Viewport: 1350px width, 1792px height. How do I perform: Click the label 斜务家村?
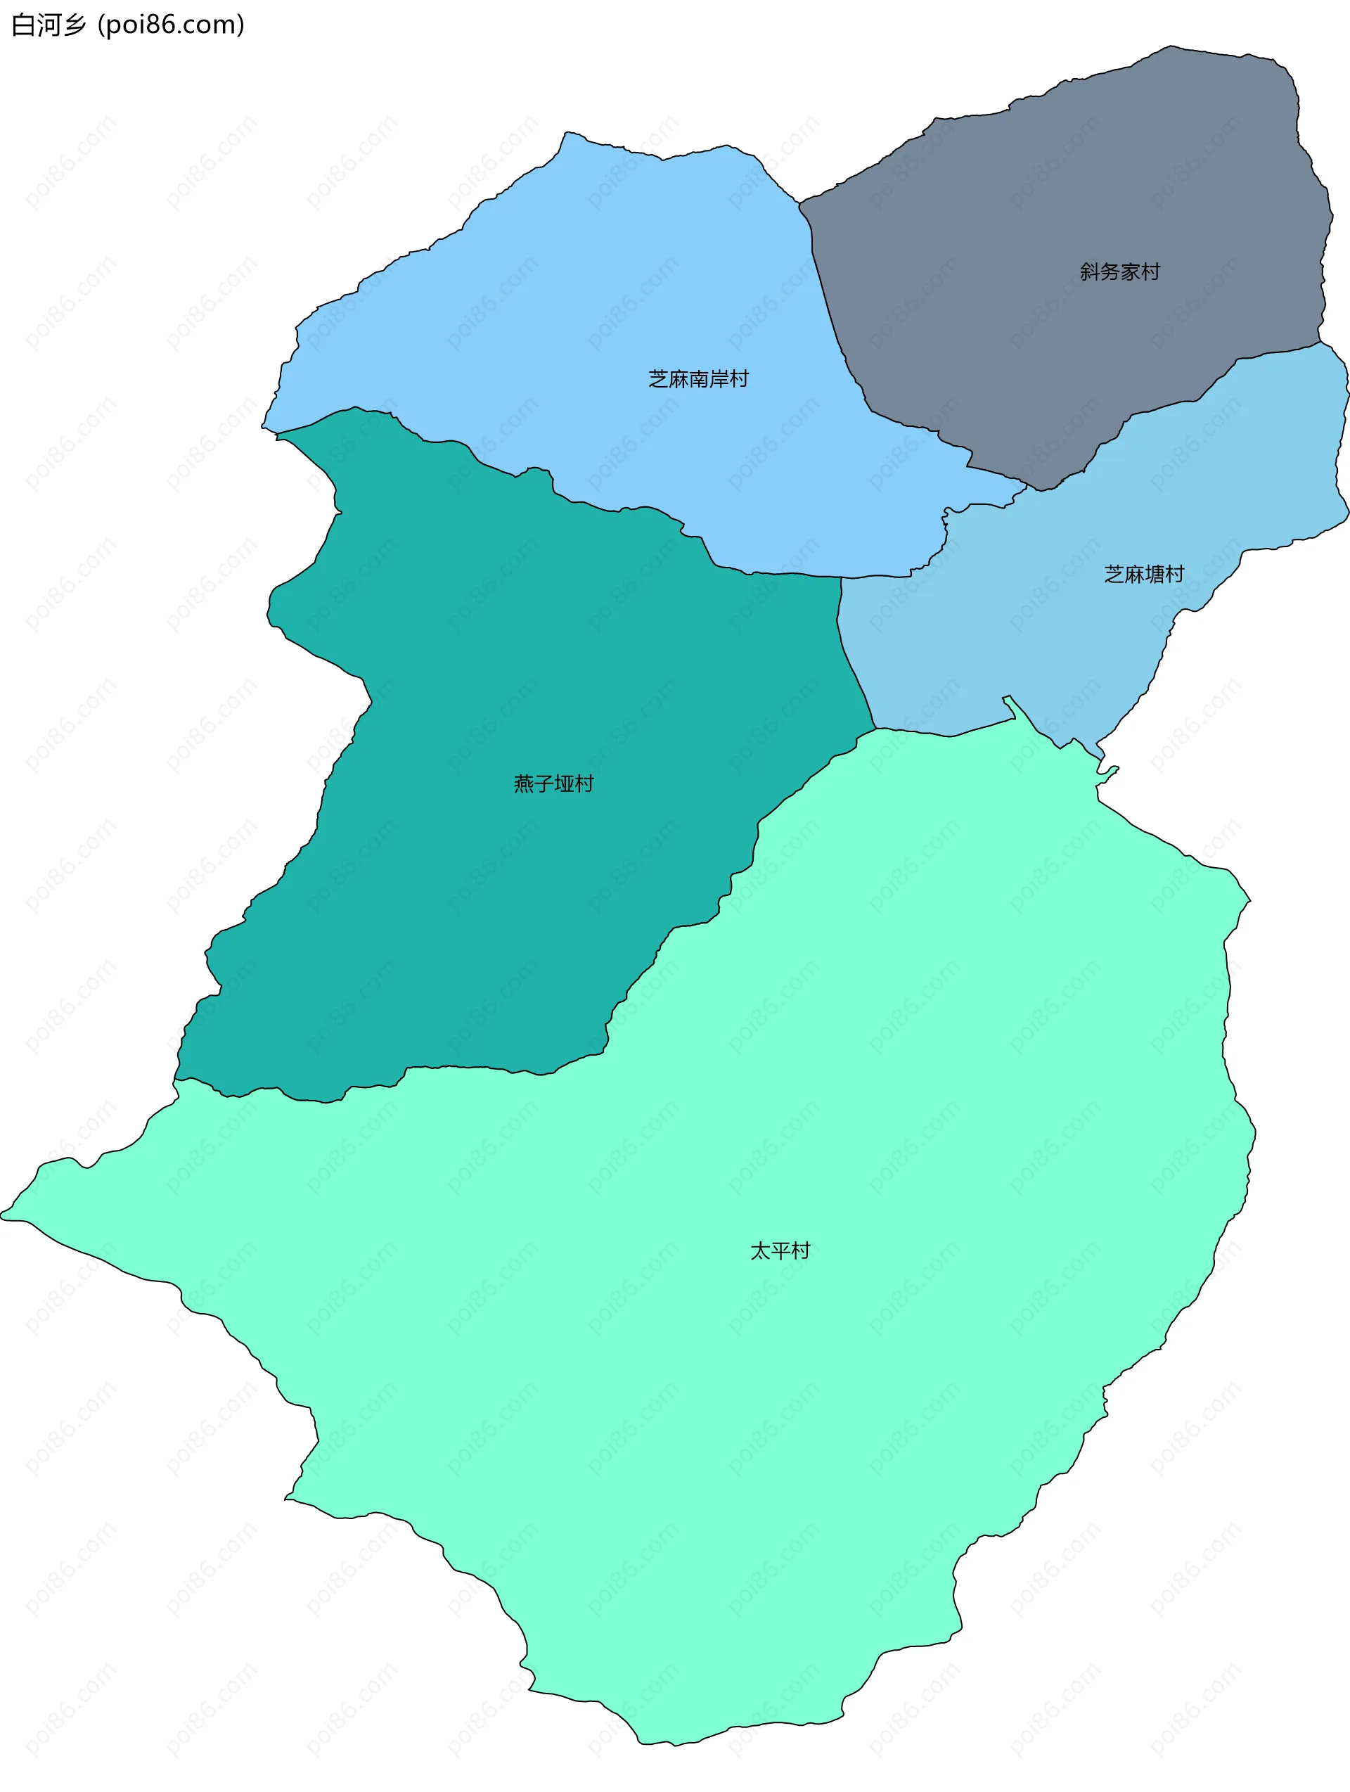(1119, 271)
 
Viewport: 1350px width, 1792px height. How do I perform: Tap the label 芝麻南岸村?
(698, 378)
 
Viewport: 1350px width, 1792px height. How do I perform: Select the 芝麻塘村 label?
(1143, 574)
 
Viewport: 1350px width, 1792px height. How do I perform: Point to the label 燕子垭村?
(553, 783)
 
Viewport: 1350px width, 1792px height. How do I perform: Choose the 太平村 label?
(780, 1251)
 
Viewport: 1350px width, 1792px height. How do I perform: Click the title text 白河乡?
(49, 25)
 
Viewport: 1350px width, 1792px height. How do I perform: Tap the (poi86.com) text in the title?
(170, 25)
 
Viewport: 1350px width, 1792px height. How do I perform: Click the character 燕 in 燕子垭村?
(523, 783)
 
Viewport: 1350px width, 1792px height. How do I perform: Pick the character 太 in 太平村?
(759, 1251)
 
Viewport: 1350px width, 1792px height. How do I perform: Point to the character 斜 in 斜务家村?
(1089, 271)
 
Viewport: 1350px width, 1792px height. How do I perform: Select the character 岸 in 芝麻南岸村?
(719, 378)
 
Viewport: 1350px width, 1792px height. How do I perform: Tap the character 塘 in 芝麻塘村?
(1153, 574)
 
